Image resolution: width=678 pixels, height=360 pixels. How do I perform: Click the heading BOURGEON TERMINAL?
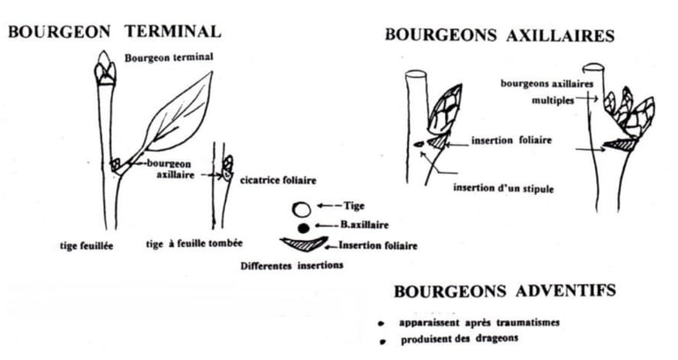pyautogui.click(x=114, y=33)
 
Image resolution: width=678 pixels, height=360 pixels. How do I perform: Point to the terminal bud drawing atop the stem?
pyautogui.click(x=105, y=70)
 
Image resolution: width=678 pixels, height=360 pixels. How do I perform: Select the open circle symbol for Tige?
pyautogui.click(x=303, y=210)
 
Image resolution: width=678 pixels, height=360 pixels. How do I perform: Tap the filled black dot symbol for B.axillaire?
pyautogui.click(x=304, y=229)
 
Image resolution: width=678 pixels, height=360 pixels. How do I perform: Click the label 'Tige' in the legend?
pyautogui.click(x=354, y=206)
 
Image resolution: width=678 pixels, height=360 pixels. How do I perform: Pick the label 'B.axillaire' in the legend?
pyautogui.click(x=364, y=226)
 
